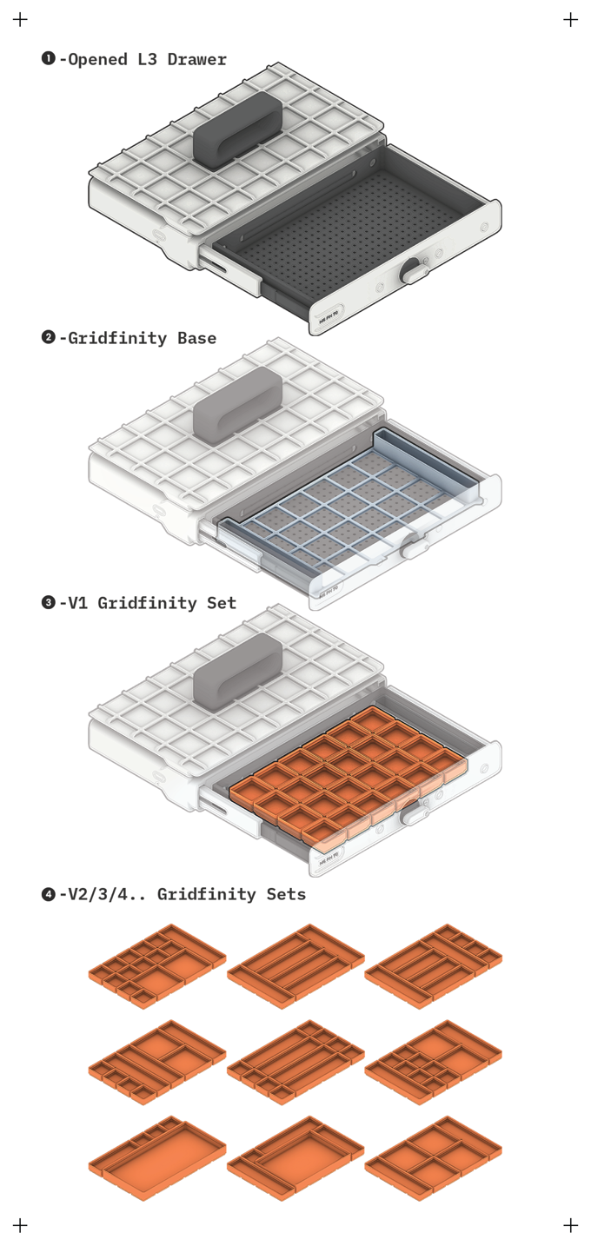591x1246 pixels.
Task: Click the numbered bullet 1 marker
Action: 49,58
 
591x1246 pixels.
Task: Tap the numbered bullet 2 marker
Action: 49,337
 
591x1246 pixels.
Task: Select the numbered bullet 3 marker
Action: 49,602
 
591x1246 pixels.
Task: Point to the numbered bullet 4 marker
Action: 49,894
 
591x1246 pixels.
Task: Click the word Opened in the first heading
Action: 97,60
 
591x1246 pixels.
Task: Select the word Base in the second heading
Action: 197,338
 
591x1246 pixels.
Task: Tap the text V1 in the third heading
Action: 78,603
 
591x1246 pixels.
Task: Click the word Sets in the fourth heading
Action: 286,894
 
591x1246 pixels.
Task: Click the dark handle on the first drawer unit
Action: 238,130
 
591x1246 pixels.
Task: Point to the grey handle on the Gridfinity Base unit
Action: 238,405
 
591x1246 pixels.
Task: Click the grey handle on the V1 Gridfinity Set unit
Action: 238,672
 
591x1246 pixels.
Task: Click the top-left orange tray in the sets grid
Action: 157,966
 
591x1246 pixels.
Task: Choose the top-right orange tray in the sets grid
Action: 434,966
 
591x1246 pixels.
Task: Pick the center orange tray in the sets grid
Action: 295,1062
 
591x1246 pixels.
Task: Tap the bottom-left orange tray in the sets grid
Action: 157,1158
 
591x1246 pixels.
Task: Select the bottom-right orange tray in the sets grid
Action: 434,1158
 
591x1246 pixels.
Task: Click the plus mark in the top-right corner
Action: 570,20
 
